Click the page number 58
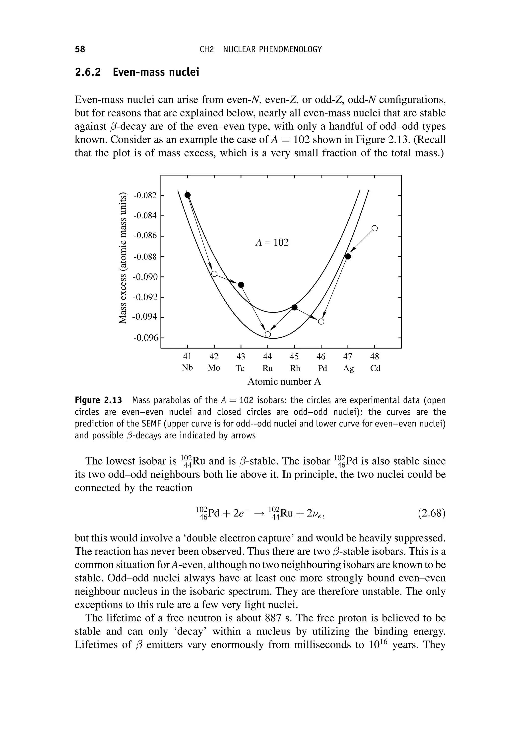80,49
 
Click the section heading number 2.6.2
88,72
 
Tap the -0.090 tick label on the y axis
145,277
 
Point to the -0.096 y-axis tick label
145,338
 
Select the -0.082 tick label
145,195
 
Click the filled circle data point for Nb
188,195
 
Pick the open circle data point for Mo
214,274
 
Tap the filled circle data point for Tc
241,284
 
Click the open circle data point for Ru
268,334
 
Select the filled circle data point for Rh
295,307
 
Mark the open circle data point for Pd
321,321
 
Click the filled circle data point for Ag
348,256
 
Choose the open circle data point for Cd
375,228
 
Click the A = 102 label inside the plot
272,243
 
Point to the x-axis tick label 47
348,356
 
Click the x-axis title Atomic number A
284,382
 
